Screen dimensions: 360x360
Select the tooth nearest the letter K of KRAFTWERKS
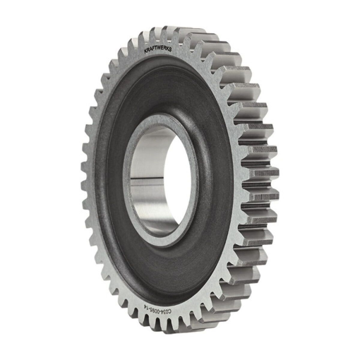coord(134,45)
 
